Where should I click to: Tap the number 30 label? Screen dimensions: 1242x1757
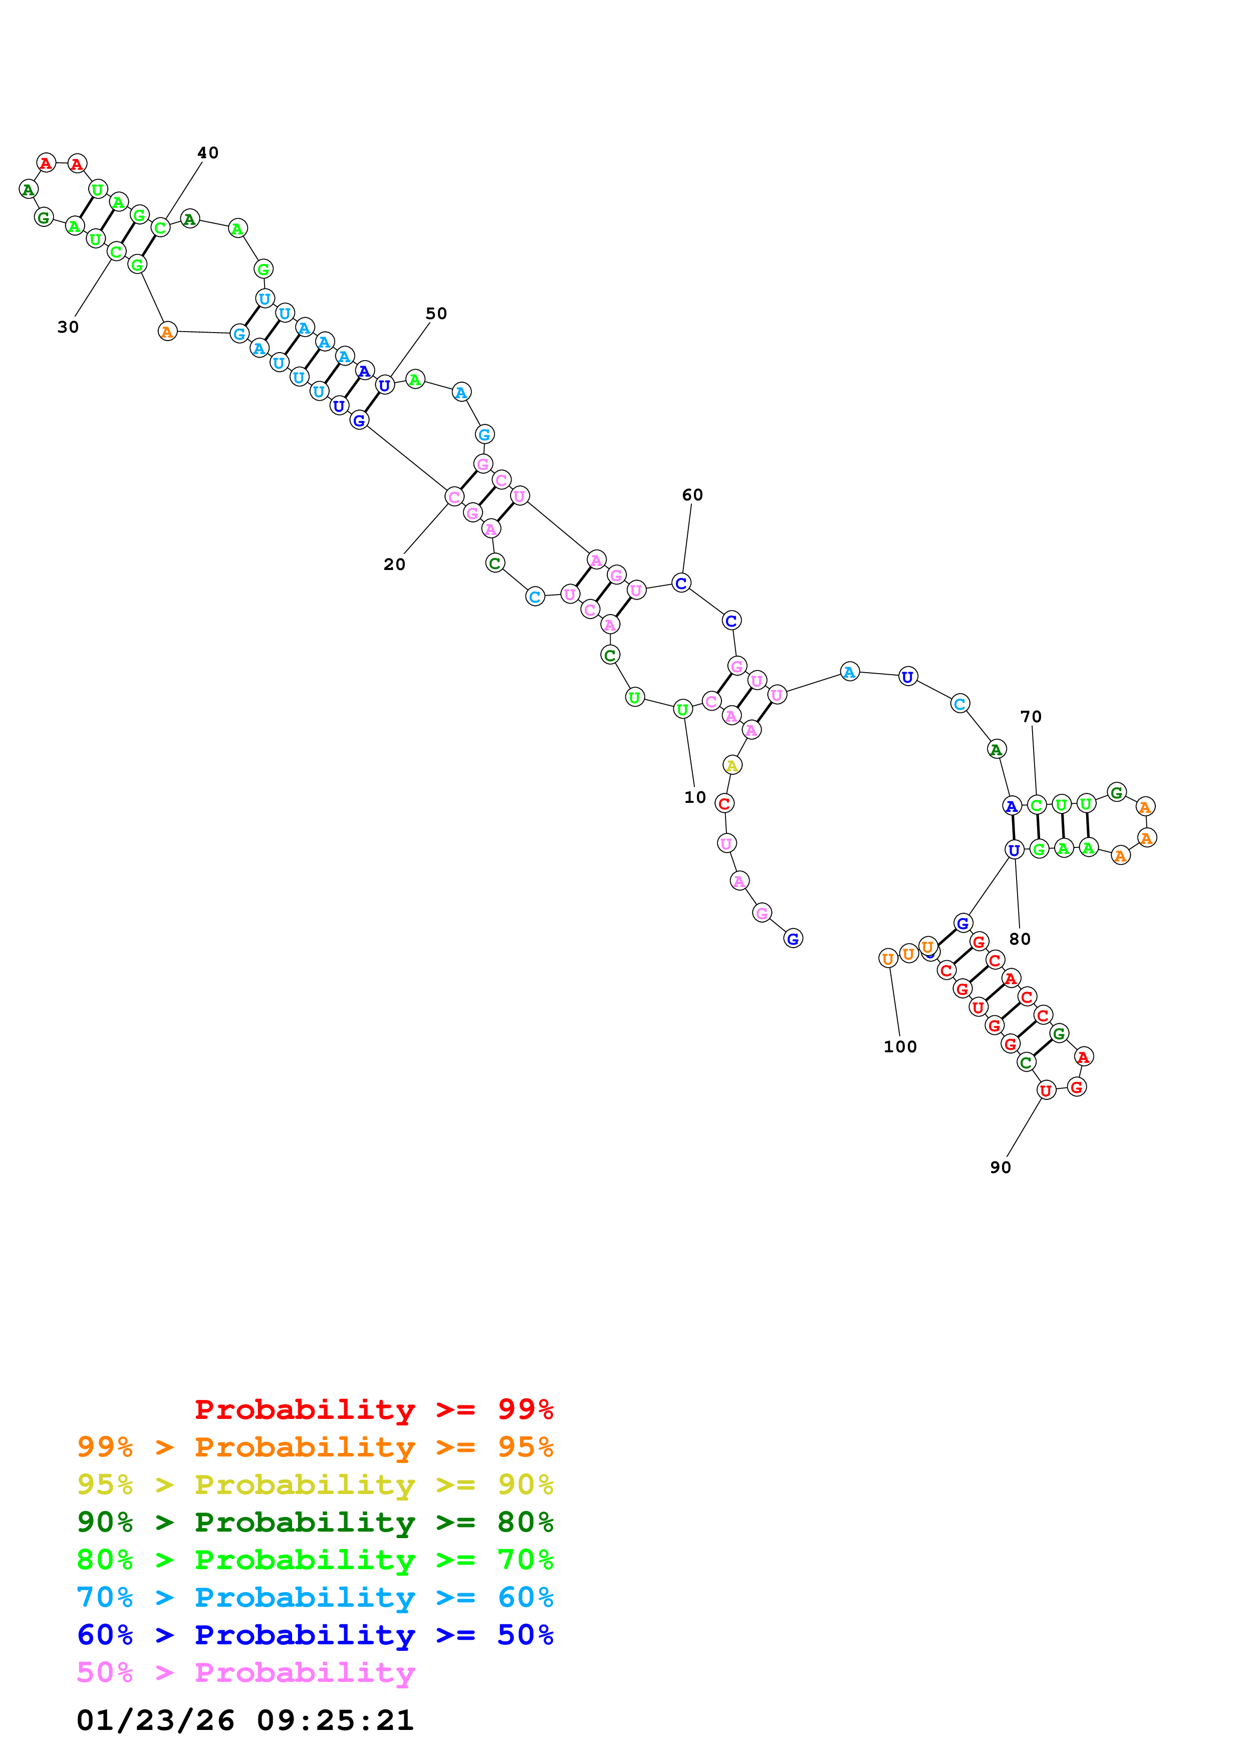tap(68, 328)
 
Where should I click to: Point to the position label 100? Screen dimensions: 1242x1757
tap(900, 1047)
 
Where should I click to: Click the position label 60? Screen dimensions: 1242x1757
tap(692, 495)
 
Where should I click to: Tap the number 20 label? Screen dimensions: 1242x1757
tap(394, 565)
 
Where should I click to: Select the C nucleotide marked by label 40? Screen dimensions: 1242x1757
tap(160, 227)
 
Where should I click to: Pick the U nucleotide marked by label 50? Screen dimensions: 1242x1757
tap(385, 385)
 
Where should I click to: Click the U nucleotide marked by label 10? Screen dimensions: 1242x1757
tap(682, 709)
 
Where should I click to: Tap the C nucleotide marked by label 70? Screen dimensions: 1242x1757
tap(1036, 805)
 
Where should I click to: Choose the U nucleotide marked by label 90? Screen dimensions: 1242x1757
tap(1045, 1090)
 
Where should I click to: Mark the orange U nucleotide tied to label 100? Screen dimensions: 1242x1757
tap(888, 959)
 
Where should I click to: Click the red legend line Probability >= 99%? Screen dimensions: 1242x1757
tap(374, 1409)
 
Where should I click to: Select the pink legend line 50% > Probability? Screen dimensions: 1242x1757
tap(245, 1673)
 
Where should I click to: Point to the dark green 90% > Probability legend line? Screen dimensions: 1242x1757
tap(315, 1522)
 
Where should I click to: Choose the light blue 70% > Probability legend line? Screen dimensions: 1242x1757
tap(315, 1598)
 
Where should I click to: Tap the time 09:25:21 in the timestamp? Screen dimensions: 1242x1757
tap(335, 1721)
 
